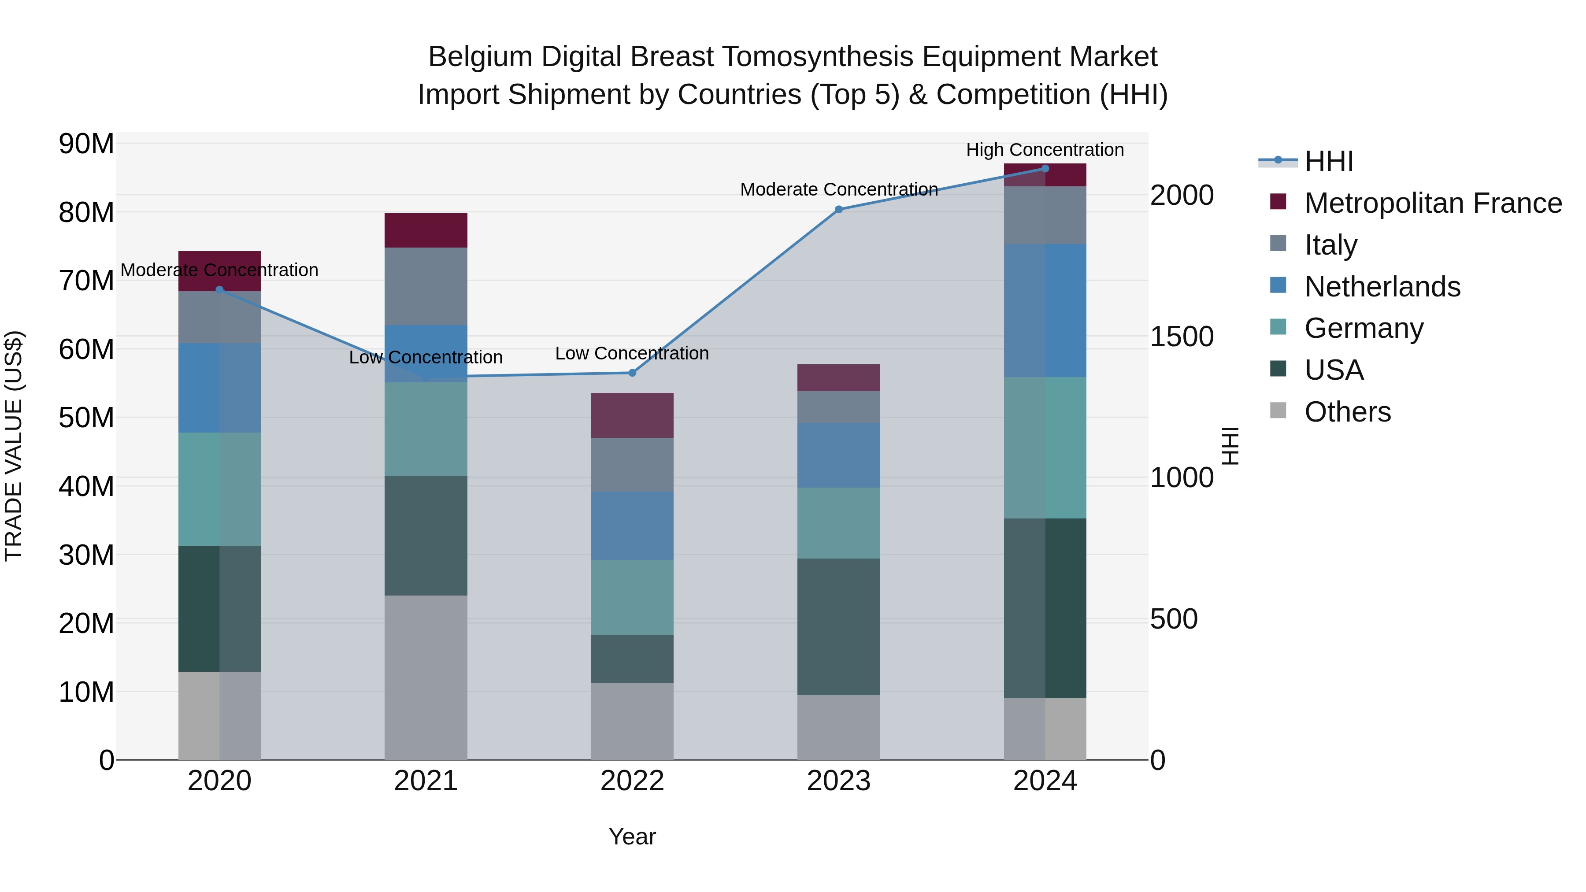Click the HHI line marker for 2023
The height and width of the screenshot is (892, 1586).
click(838, 209)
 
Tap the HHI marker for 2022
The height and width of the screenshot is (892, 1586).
click(632, 372)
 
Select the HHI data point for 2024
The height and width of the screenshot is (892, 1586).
click(1045, 169)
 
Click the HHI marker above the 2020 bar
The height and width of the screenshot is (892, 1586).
click(219, 289)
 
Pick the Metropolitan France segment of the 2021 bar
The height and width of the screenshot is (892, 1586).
click(426, 230)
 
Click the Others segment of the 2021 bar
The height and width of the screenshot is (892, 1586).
click(426, 677)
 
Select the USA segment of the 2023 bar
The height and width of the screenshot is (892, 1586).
click(838, 627)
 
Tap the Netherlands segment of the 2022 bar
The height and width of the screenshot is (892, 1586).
click(632, 525)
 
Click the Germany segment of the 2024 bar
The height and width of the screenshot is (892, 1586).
click(1045, 448)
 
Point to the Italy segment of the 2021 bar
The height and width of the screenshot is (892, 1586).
click(426, 286)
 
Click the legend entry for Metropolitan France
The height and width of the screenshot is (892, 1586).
click(1433, 203)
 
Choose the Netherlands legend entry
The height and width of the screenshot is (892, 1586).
click(1382, 287)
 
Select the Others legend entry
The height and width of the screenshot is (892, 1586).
click(1347, 412)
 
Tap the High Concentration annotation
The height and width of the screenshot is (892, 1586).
click(1045, 150)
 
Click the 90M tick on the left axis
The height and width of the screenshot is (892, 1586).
click(86, 144)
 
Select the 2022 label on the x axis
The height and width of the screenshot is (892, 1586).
click(632, 781)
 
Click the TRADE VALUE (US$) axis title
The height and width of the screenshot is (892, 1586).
click(14, 446)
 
